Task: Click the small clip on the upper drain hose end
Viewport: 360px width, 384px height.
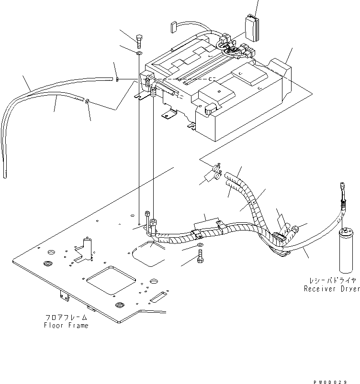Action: pos(117,79)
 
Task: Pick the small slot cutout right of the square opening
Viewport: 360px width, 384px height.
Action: pos(158,299)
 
